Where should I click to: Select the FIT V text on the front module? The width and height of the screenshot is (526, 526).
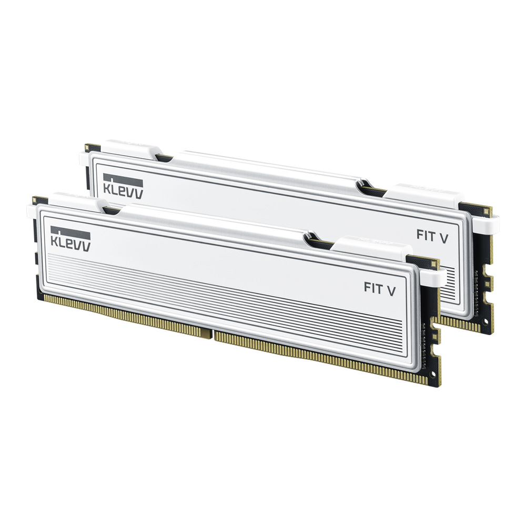[x=379, y=288]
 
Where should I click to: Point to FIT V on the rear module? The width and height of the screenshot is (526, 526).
[x=432, y=236]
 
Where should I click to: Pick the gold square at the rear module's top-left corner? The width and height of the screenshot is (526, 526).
[x=88, y=147]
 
